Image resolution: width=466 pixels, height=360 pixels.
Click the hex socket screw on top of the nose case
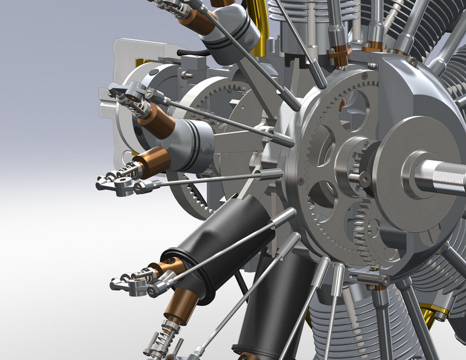click(x=414, y=61)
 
